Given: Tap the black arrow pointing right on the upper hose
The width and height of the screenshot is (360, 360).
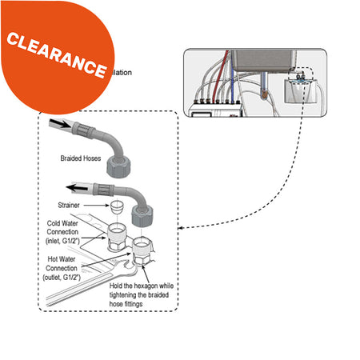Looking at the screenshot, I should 59,125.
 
